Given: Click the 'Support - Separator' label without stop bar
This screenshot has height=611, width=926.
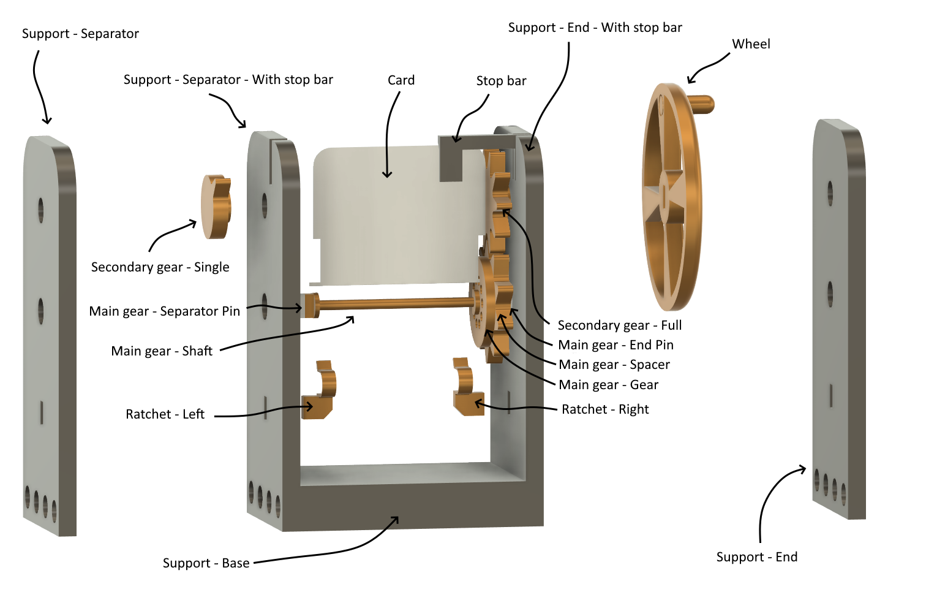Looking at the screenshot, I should (x=80, y=34).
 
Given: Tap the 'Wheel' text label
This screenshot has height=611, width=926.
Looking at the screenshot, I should (x=751, y=44).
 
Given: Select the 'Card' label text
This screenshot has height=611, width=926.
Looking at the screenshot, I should (x=401, y=80).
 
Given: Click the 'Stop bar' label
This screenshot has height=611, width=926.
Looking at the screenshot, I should (x=501, y=81).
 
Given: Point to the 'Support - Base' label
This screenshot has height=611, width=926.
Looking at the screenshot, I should (x=206, y=563).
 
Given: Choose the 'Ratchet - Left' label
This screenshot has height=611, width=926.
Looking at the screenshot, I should (x=165, y=414).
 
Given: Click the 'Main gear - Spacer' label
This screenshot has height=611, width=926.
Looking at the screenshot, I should (x=614, y=365).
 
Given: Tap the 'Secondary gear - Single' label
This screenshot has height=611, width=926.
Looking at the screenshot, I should (x=160, y=267).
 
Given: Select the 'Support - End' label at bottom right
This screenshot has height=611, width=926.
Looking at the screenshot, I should (x=756, y=557).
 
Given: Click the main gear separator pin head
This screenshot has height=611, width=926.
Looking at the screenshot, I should (x=310, y=305).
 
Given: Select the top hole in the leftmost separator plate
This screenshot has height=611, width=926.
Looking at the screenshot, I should (x=40, y=210).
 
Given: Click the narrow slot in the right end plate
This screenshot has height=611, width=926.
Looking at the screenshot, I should (x=830, y=395).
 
